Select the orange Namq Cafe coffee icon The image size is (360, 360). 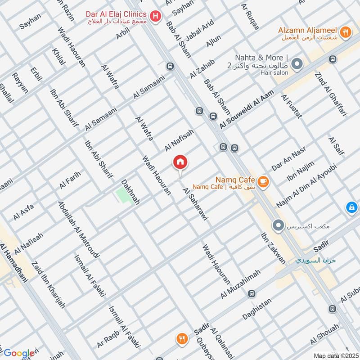(263, 181)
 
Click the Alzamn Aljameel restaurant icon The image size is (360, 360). (345, 31)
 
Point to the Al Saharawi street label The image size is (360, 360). (197, 204)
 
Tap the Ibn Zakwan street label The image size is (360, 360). (273, 248)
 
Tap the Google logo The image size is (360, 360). (18, 353)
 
